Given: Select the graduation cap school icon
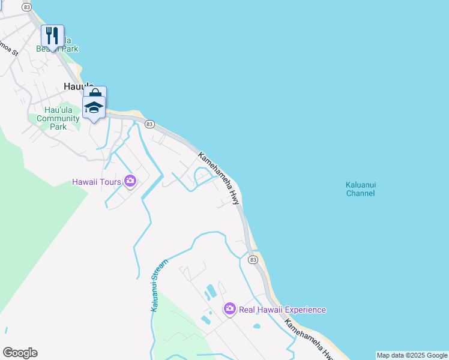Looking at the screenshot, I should pos(94,107).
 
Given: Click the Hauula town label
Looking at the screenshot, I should pos(75,86).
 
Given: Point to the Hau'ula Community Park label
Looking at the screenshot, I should pos(58,118).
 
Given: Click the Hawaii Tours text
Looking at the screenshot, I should pos(96,181).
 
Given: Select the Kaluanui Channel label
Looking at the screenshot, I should pos(360,189).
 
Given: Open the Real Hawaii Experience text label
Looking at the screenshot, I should pos(282,310).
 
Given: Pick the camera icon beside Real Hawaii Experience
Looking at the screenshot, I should pos(229,310).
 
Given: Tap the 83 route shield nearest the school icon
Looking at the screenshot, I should pos(150,124).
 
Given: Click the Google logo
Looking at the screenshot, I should pos(20,353).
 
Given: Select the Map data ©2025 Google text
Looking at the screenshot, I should pos(412,355).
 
